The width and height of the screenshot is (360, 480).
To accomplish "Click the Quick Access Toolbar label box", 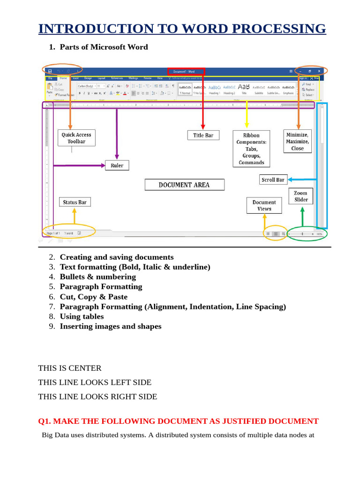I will point(76,138).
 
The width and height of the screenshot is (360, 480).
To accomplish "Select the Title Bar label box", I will point(203,135).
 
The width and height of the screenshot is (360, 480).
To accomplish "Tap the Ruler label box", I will point(117,165).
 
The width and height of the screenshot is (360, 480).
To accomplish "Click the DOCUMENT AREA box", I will point(184,185).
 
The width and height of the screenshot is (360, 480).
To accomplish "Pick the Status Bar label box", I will point(75,202).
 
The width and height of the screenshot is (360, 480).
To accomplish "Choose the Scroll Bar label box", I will point(273,180).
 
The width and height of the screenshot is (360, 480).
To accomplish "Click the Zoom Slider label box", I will point(301,196).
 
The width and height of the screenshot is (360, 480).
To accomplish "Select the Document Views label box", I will point(264,205).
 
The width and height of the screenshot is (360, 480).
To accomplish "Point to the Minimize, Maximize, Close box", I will point(297,141).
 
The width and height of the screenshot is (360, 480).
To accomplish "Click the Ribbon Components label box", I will point(251,149).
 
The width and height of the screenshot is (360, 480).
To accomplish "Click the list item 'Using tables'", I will point(82,316).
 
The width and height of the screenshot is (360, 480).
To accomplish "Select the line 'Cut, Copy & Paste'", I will point(93,297).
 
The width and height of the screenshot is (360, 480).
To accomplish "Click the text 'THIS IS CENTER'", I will point(70,368).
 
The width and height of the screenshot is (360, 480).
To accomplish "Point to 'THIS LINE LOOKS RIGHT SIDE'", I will point(97,397).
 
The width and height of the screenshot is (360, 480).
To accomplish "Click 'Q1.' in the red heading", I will point(45,421).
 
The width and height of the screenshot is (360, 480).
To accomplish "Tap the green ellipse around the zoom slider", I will point(307,233).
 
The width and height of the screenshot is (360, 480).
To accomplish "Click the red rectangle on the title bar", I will point(186,72).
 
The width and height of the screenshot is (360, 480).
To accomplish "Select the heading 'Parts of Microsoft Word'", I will point(104,47).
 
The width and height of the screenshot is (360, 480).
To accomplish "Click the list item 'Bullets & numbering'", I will point(97,277).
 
